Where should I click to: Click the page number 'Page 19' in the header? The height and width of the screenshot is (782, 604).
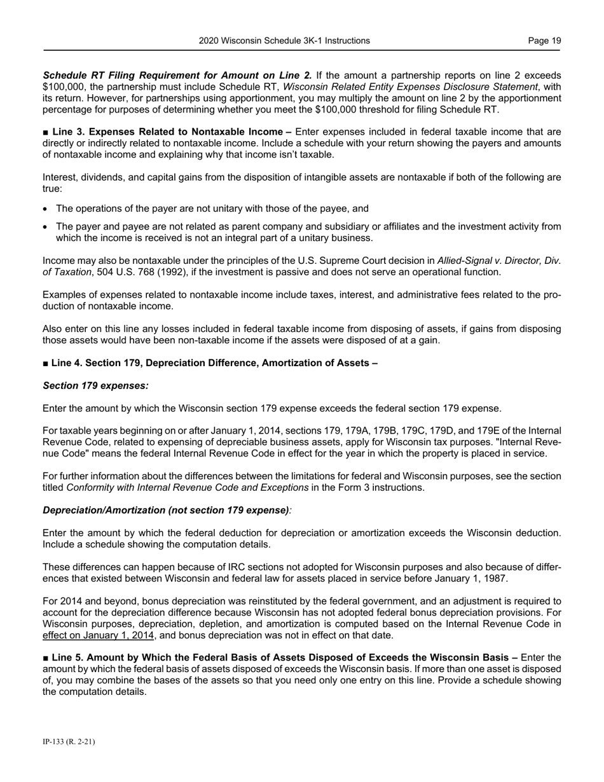click(x=544, y=41)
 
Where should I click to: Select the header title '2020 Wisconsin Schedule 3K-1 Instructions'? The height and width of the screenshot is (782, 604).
click(x=284, y=41)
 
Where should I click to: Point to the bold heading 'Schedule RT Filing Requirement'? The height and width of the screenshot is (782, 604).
click(x=114, y=76)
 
